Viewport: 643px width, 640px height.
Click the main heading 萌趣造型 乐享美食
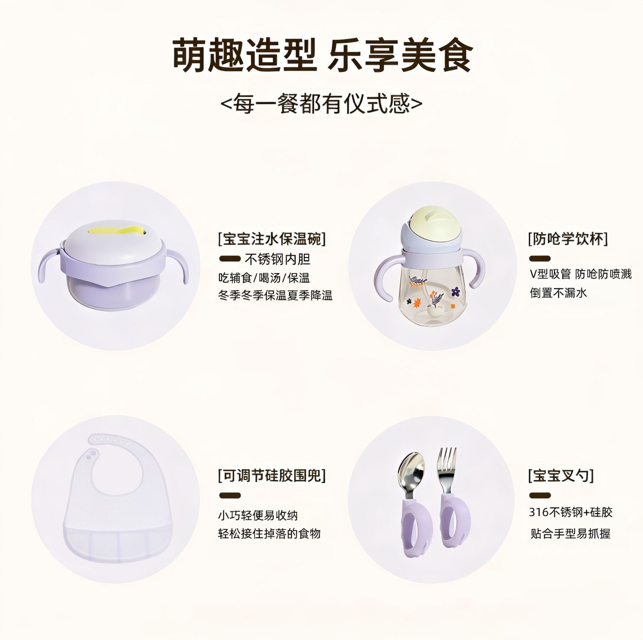pos(322,55)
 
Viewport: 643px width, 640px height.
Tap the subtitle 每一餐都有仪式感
pos(321,104)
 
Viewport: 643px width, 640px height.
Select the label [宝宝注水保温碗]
pos(272,239)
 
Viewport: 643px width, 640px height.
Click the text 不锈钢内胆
pos(277,259)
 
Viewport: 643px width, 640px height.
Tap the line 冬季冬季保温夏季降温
pos(275,296)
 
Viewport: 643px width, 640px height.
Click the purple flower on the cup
pos(455,291)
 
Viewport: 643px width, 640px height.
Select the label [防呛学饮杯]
pos(567,239)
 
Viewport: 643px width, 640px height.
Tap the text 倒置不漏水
pos(558,292)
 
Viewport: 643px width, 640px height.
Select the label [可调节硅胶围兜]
pos(272,476)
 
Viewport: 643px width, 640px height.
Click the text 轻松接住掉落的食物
pos(269,534)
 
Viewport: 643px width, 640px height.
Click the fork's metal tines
pos(447,461)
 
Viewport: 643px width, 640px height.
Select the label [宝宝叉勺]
pos(561,476)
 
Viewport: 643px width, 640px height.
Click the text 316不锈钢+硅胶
pos(571,512)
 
